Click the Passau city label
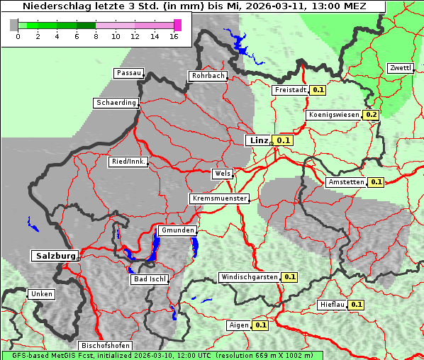(128, 73)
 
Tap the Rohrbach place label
(207, 76)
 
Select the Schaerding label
(116, 103)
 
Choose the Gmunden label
(177, 231)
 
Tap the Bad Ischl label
(150, 279)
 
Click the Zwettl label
(399, 68)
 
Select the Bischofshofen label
(105, 346)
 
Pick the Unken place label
(40, 294)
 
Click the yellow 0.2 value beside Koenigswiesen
(372, 115)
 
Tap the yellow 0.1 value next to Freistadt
(318, 90)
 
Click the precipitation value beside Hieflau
(357, 305)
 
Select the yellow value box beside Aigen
(260, 325)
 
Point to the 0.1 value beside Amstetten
(376, 182)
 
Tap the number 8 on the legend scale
(95, 37)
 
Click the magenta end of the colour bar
(177, 25)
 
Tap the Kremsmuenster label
(219, 198)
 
